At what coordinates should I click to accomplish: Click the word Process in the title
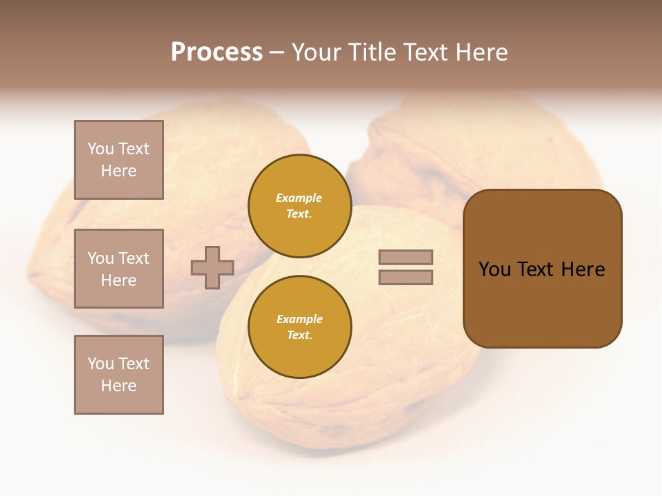(217, 52)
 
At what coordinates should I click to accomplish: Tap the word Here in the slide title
(480, 52)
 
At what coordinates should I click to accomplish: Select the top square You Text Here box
(119, 160)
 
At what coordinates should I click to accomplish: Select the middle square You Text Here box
(119, 269)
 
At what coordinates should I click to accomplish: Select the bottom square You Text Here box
(119, 375)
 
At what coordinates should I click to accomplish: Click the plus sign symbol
(212, 267)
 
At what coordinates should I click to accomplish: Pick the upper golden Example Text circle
(299, 206)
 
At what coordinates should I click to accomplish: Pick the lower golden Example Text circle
(299, 327)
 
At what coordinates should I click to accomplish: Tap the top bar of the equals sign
(405, 257)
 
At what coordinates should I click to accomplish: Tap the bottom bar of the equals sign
(405, 277)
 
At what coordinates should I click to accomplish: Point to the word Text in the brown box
(537, 269)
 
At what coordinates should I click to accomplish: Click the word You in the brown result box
(494, 269)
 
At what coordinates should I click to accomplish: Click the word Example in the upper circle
(299, 198)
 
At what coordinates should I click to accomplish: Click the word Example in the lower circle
(299, 320)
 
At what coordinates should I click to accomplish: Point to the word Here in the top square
(119, 171)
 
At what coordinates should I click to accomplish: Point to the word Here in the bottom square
(119, 386)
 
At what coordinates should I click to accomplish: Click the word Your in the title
(319, 52)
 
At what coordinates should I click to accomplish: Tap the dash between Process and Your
(277, 53)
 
